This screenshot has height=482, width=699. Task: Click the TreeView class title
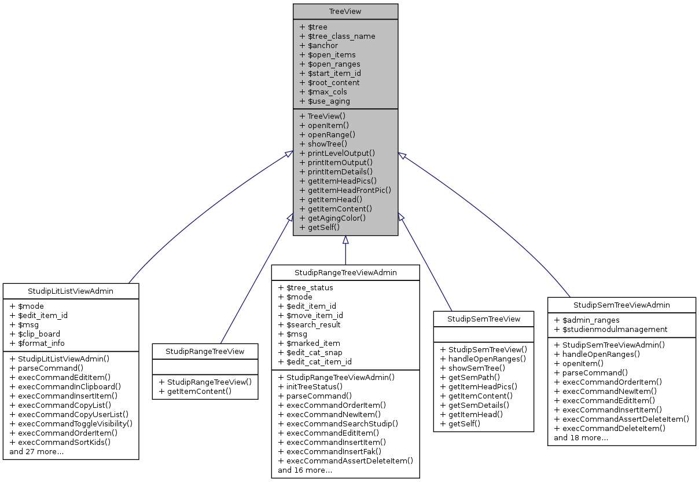click(345, 12)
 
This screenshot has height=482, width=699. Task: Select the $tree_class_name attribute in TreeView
click(337, 36)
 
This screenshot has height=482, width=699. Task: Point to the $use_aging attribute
click(325, 101)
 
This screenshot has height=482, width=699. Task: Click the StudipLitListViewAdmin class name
click(71, 291)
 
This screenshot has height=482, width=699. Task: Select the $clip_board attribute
click(35, 334)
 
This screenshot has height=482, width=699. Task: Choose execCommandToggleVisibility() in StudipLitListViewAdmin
click(71, 423)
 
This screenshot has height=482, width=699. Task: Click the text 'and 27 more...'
click(36, 451)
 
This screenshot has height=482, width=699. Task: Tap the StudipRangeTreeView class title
click(205, 351)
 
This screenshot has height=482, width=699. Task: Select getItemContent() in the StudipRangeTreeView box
click(195, 391)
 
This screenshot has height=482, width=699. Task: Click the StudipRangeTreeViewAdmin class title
click(345, 272)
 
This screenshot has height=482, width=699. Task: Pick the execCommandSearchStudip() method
click(339, 423)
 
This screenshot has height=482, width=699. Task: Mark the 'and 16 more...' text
click(305, 470)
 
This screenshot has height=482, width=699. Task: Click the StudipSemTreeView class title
click(484, 319)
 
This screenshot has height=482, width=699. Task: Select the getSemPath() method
click(469, 377)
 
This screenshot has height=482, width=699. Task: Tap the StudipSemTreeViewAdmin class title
click(621, 305)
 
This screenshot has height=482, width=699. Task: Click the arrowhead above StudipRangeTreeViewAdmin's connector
click(345, 240)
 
